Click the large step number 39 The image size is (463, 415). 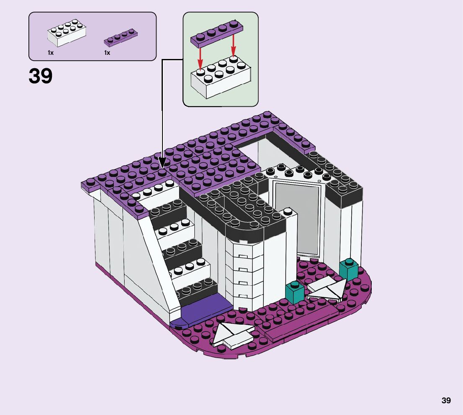(x=41, y=77)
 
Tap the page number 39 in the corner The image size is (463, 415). (x=446, y=400)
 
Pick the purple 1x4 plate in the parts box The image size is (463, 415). (x=121, y=37)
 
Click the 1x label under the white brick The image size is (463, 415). (x=50, y=53)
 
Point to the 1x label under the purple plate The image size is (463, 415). (x=107, y=53)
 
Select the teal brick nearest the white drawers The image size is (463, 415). (x=295, y=292)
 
